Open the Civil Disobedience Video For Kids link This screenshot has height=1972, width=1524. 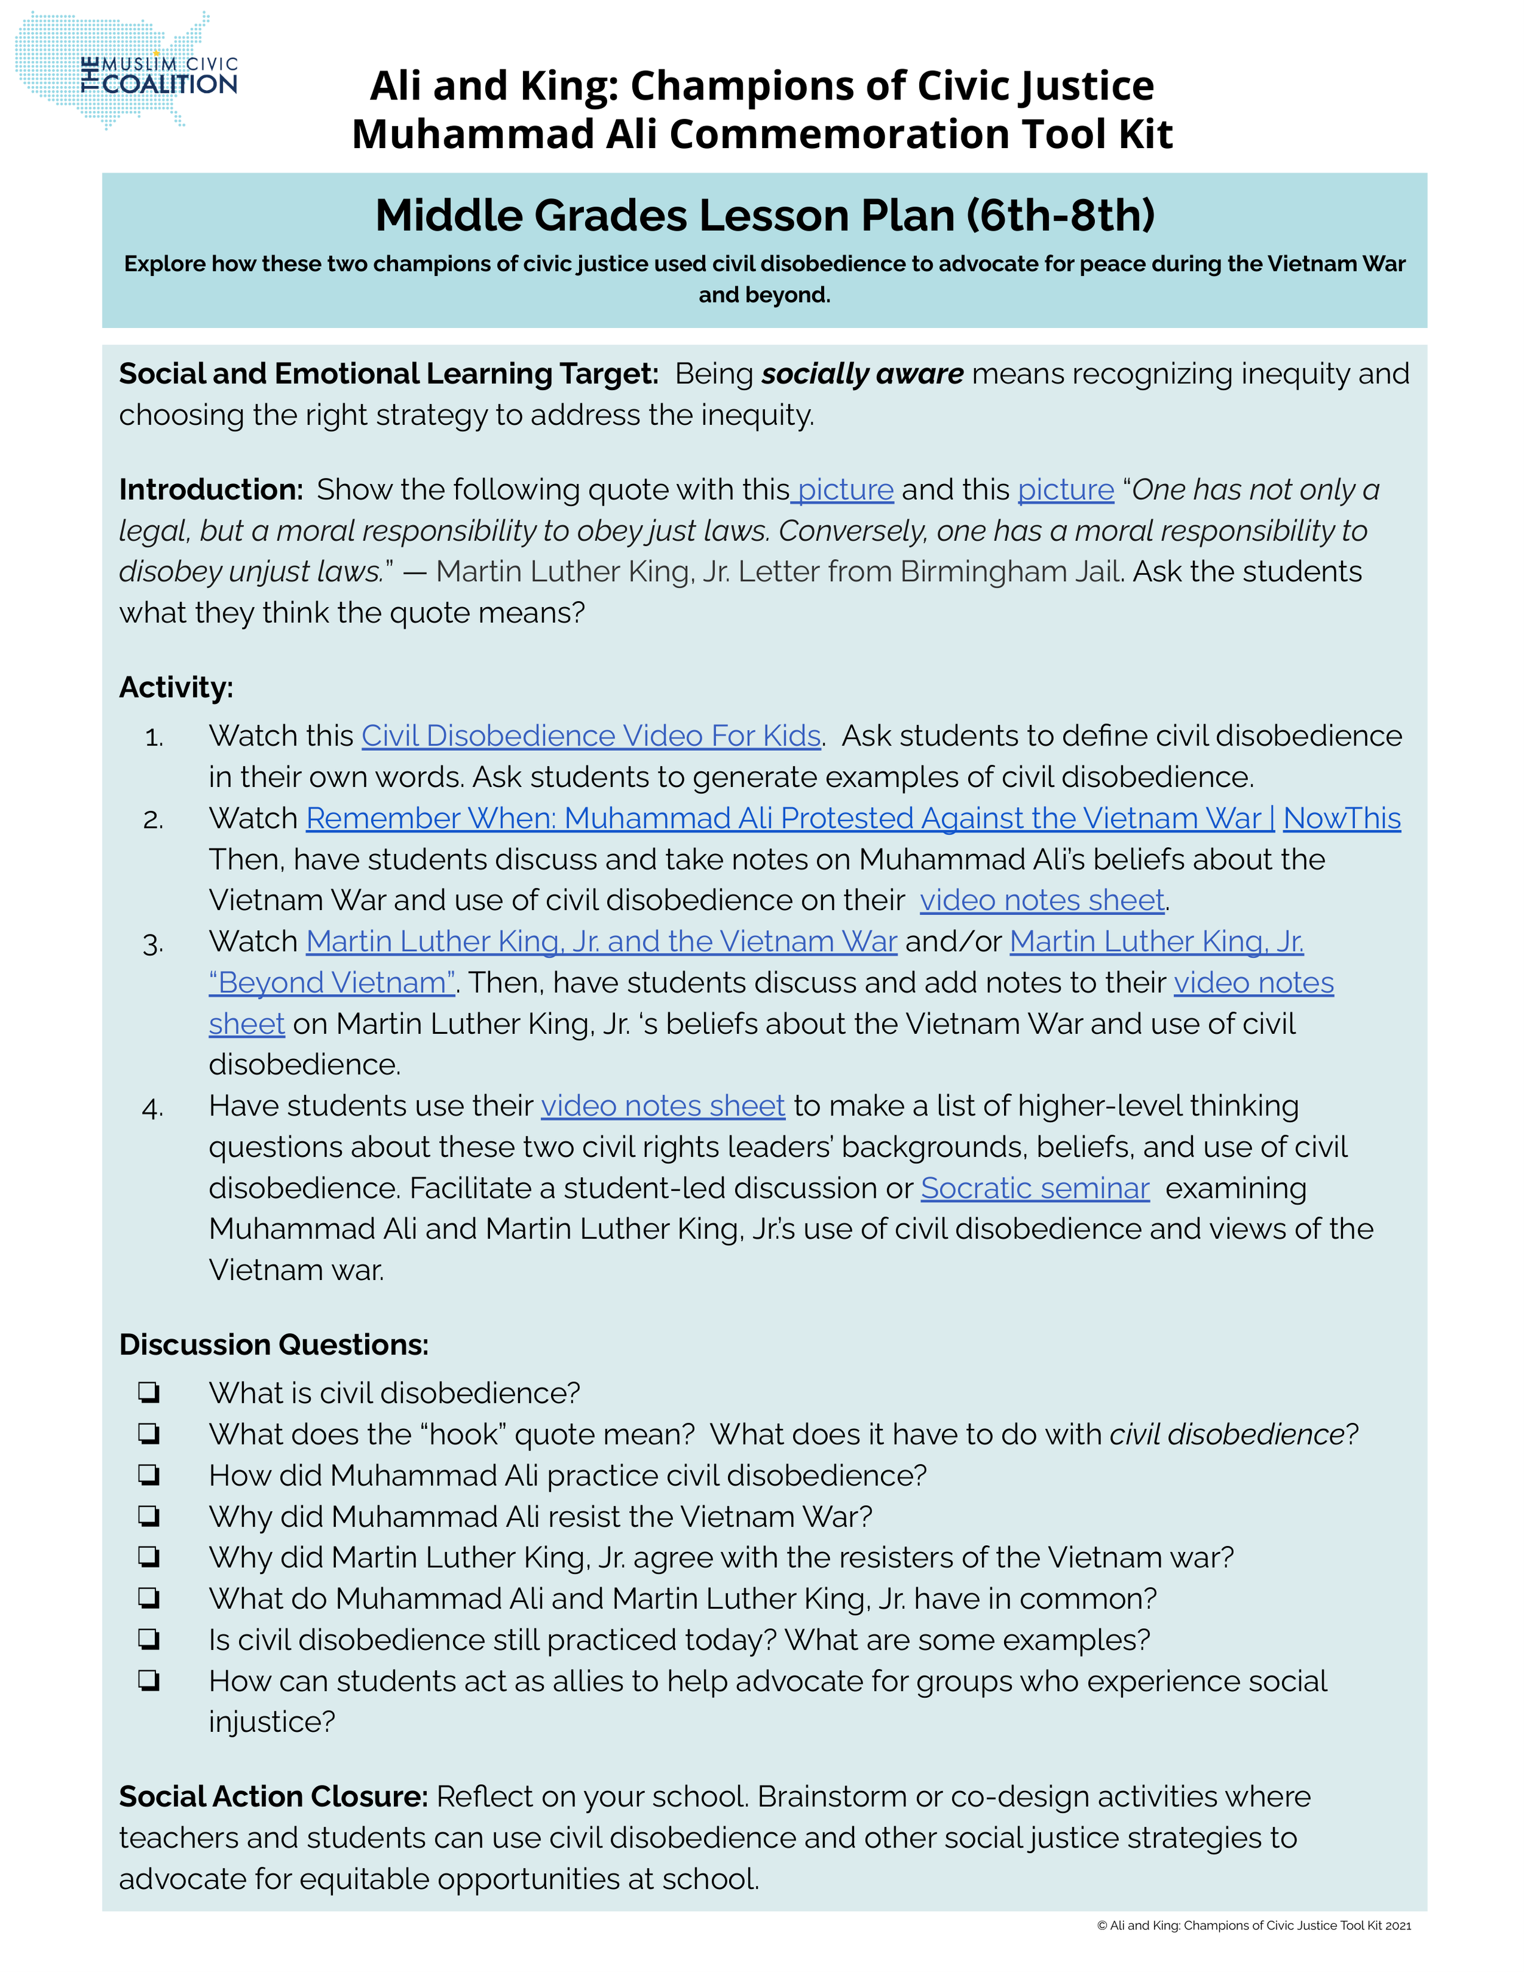[x=591, y=736]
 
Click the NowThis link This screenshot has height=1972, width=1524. [x=1342, y=818]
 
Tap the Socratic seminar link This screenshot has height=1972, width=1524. [x=1034, y=1188]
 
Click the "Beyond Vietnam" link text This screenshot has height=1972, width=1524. [x=332, y=983]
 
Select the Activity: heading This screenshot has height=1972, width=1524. [x=176, y=687]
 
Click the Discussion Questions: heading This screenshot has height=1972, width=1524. [x=274, y=1345]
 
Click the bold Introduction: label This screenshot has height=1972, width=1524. [x=210, y=489]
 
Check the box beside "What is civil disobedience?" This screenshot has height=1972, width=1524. [x=149, y=1394]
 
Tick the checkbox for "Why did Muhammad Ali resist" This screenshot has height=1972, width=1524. [x=149, y=1516]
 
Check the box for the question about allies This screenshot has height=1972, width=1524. [x=149, y=1681]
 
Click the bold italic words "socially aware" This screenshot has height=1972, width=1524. [x=862, y=374]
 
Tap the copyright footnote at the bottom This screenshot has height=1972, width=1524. [x=1253, y=1925]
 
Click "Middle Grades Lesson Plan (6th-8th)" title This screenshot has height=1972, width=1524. [x=764, y=215]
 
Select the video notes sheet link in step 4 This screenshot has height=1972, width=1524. [x=663, y=1106]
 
